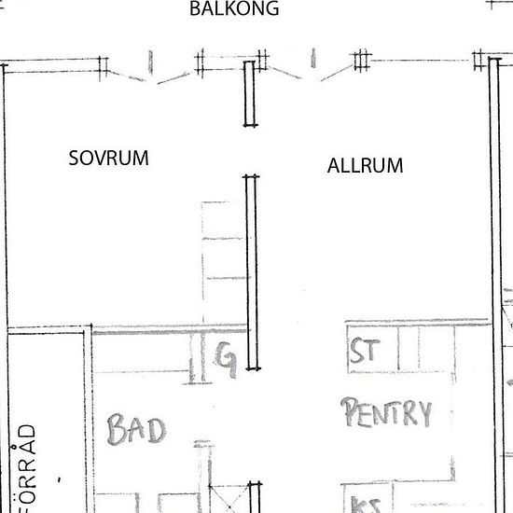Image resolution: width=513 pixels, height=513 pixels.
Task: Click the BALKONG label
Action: (x=234, y=9)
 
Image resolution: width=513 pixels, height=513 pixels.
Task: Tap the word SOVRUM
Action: (x=109, y=158)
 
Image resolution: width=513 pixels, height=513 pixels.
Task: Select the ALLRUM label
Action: (x=366, y=166)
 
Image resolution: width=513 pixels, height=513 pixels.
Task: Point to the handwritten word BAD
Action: (x=136, y=430)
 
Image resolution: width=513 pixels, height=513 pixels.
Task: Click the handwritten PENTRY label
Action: (x=387, y=412)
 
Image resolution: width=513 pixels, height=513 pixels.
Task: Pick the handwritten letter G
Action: (x=225, y=355)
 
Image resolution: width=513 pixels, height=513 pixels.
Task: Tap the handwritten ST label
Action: (x=363, y=354)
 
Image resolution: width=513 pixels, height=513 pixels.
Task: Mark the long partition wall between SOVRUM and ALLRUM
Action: (x=250, y=270)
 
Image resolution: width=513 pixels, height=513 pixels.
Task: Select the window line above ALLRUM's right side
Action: (x=424, y=62)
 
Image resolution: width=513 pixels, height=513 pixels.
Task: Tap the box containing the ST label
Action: (x=367, y=349)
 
